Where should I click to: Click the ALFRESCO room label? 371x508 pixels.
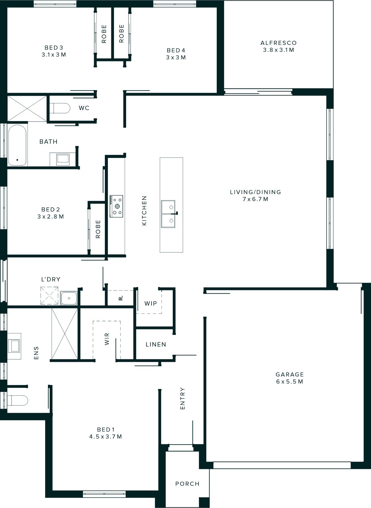[278, 43]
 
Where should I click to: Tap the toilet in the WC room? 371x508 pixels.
[60, 108]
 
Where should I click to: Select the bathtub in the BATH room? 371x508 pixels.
[17, 145]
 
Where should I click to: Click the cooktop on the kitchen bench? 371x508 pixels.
[116, 205]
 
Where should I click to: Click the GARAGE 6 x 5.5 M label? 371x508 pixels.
[289, 378]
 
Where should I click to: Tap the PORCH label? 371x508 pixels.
[187, 484]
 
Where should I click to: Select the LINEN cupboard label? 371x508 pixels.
[156, 344]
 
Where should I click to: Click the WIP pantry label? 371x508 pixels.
[151, 303]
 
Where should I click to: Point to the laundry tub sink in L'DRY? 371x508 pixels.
[69, 298]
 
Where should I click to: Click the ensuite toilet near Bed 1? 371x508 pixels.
[17, 400]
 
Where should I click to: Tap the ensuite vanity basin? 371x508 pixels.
[15, 346]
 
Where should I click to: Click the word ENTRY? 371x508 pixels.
[182, 399]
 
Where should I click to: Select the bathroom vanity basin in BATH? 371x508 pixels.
[63, 159]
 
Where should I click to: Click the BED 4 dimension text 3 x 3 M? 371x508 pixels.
[176, 57]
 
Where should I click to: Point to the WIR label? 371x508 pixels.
[107, 339]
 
